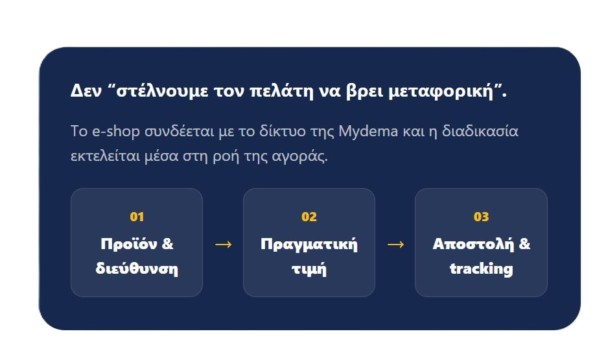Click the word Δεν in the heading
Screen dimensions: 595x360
tap(86, 91)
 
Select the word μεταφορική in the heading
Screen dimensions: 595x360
tap(441, 91)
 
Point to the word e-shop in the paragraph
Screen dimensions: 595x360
tap(116, 132)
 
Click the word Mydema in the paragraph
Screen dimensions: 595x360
tap(368, 132)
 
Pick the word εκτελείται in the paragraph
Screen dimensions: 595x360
tap(106, 156)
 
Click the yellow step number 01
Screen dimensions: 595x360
tap(137, 217)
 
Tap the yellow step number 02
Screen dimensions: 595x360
tap(309, 217)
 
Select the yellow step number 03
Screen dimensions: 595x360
tap(481, 217)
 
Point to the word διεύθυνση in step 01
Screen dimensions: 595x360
tap(137, 269)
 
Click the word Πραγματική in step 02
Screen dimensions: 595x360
tap(309, 245)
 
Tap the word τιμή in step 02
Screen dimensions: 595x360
tap(309, 269)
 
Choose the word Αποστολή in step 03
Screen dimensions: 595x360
tap(473, 244)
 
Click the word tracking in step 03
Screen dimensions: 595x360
tap(481, 269)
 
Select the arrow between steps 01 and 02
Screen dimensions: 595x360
tap(223, 245)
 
